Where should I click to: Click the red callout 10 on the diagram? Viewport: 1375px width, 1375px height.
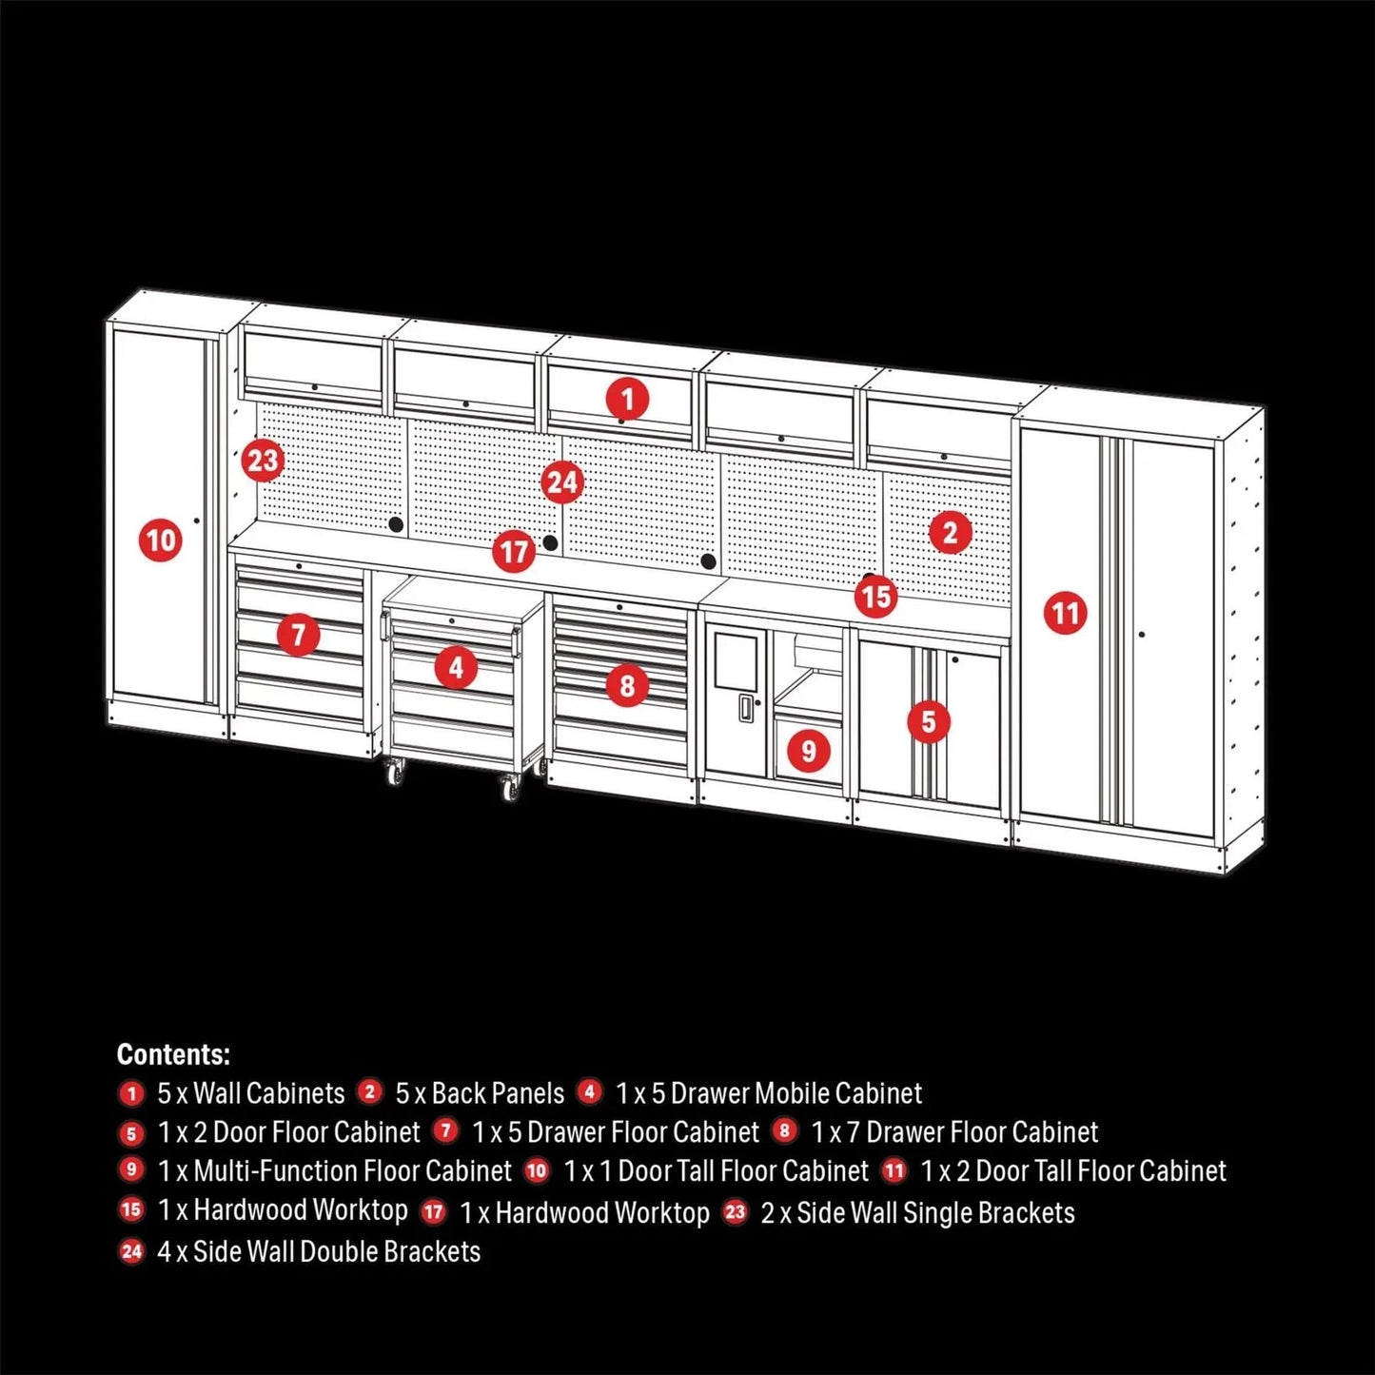160,541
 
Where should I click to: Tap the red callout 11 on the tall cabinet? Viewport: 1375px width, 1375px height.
1065,613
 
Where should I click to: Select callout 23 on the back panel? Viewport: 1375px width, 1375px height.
262,461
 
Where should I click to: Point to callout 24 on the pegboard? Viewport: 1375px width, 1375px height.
561,482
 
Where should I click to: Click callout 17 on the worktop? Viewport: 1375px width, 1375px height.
514,552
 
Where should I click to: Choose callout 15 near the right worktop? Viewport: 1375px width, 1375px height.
875,597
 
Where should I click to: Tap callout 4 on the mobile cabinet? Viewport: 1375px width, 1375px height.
456,668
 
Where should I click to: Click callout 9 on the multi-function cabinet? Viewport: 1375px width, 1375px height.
808,751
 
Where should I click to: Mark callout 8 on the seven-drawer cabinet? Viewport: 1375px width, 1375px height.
626,685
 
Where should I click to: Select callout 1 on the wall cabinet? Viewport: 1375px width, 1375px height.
627,399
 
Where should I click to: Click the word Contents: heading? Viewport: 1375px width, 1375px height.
173,1054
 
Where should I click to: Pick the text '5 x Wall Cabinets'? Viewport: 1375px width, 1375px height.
250,1093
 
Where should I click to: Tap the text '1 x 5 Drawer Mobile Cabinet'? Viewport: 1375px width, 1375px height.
768,1093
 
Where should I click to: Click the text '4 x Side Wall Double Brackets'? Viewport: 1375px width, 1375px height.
318,1251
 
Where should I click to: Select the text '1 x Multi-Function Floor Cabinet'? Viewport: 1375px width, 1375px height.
334,1171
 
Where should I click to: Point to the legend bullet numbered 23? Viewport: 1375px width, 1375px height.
735,1212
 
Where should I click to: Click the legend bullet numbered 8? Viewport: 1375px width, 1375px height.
784,1130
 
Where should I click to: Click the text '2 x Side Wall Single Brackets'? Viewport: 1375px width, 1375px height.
917,1213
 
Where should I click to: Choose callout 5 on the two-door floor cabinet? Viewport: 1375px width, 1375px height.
928,721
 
